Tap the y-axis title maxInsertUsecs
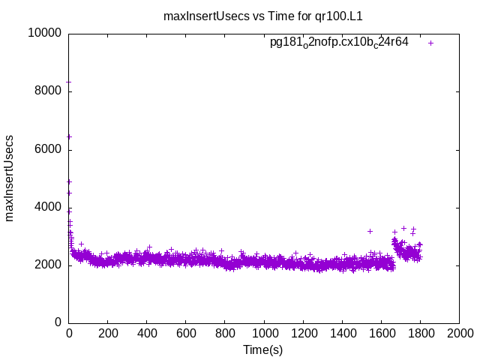pyautogui.click(x=10, y=178)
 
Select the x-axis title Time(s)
pyautogui.click(x=262, y=349)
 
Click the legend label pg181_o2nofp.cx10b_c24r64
pyautogui.click(x=339, y=42)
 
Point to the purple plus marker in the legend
pyautogui.click(x=430, y=43)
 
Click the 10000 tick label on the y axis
pyautogui.click(x=45, y=33)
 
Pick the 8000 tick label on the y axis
pyautogui.click(x=48, y=91)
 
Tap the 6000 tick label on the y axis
pyautogui.click(x=48, y=149)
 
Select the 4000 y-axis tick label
pyautogui.click(x=48, y=207)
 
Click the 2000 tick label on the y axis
pyautogui.click(x=48, y=265)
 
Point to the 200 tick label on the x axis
pyautogui.click(x=108, y=333)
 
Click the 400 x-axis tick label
pyautogui.click(x=147, y=333)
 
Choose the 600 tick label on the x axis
pyautogui.click(x=186, y=333)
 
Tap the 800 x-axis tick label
pyautogui.click(x=225, y=333)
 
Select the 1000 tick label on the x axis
pyautogui.click(x=264, y=333)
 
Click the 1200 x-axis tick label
pyautogui.click(x=303, y=333)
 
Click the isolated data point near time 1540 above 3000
pyautogui.click(x=370, y=231)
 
